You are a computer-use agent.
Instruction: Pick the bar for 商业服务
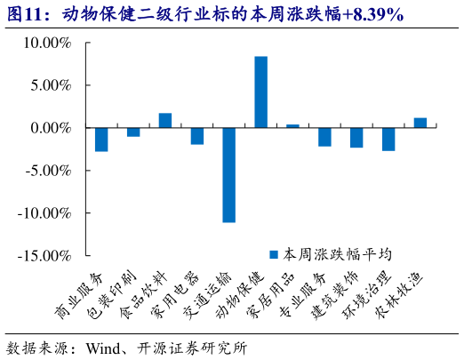click(x=101, y=140)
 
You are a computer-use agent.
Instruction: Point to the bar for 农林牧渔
click(x=420, y=123)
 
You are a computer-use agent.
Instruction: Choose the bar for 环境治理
click(x=388, y=139)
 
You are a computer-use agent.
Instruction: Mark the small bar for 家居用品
click(x=292, y=126)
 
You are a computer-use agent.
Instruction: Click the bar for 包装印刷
click(x=133, y=132)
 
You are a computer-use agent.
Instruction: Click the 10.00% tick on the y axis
click(x=47, y=43)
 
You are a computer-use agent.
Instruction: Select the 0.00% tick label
click(x=51, y=128)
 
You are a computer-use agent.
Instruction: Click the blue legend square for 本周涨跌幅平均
click(x=276, y=252)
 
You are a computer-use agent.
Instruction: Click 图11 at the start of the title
click(x=29, y=15)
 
